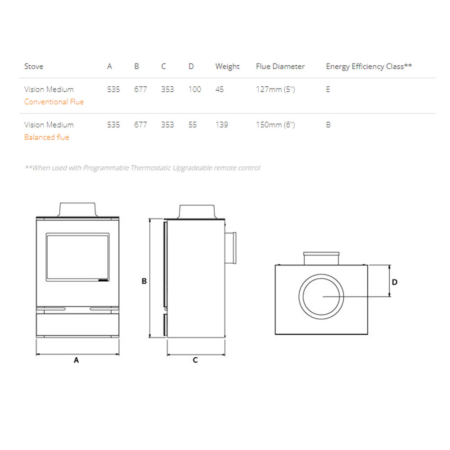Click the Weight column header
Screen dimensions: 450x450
coord(227,67)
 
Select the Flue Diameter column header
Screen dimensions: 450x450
coord(280,66)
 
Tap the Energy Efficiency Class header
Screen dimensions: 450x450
coord(369,67)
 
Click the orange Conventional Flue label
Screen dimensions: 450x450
coord(54,102)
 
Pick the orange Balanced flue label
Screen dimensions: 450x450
coord(46,137)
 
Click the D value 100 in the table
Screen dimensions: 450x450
coord(194,89)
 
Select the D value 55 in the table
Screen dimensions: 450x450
coord(193,125)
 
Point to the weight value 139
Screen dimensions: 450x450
coord(221,125)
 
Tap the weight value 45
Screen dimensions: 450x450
coord(220,89)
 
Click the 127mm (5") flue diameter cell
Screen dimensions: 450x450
coord(275,90)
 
